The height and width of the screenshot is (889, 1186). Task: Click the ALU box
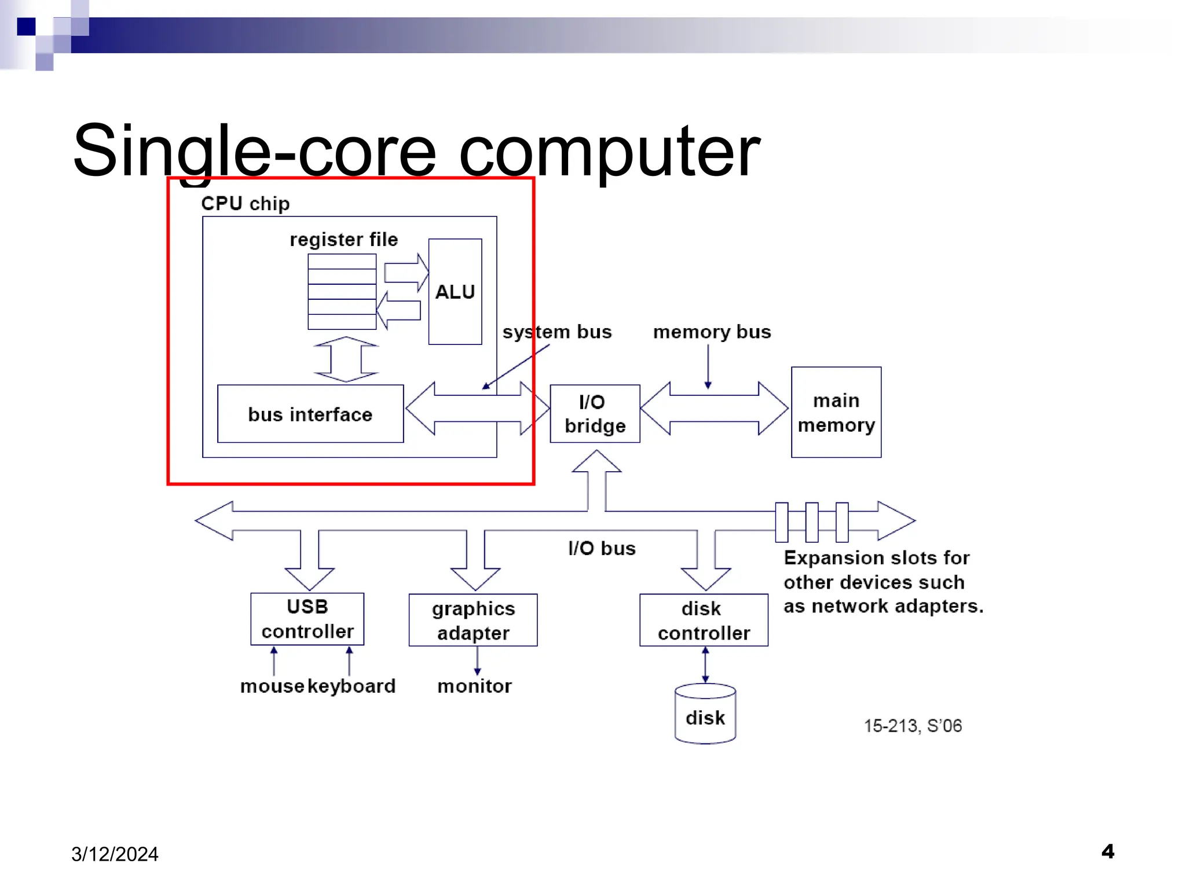(455, 292)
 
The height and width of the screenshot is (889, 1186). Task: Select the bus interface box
(310, 414)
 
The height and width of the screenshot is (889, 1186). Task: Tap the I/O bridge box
(595, 414)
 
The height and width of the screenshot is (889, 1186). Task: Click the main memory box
(836, 412)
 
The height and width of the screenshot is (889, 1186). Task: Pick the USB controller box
(307, 619)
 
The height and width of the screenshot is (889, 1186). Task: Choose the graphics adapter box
(473, 620)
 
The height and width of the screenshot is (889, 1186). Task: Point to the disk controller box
(703, 620)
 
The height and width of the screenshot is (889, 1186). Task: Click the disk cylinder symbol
(705, 714)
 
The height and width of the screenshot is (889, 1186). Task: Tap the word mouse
(272, 686)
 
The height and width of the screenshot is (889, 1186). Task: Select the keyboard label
(352, 686)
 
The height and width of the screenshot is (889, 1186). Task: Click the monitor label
(474, 686)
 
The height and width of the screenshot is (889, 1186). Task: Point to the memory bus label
(712, 332)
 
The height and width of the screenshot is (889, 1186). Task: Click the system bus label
(557, 332)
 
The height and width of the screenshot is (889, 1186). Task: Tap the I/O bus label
(602, 548)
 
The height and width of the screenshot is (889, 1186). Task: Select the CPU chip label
(245, 204)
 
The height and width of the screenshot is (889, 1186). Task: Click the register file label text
(343, 239)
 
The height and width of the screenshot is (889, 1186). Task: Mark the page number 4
(1107, 851)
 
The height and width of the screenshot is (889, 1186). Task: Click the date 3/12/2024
(115, 854)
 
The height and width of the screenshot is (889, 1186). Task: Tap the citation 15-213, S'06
(913, 726)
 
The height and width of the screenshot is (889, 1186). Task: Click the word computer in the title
(609, 152)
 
